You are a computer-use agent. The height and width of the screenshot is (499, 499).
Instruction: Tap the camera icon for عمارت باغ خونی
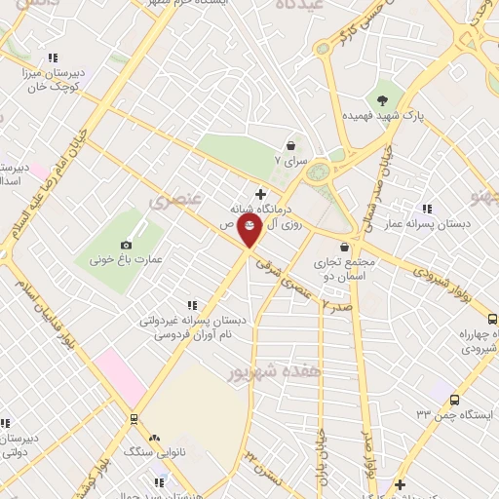point(126,246)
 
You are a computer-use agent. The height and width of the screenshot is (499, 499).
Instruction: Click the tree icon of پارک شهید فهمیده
point(383,99)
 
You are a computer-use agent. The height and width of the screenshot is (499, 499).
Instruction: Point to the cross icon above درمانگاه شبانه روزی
point(260,194)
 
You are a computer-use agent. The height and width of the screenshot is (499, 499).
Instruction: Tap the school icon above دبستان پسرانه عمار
point(427,209)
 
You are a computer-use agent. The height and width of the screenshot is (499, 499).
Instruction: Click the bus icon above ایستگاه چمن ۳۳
point(455,399)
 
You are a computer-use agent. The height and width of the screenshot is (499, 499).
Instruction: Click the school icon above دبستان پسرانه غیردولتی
point(192,305)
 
